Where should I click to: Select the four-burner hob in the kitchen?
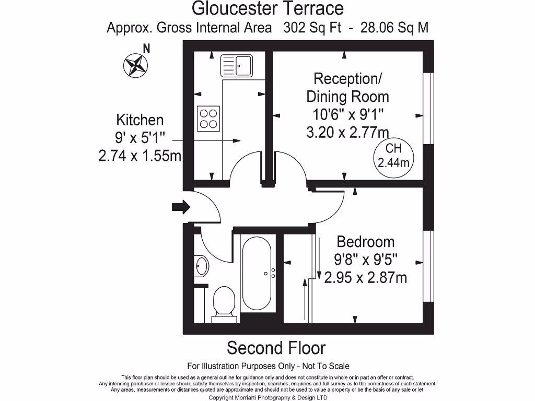click(x=208, y=118)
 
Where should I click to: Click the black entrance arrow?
click(x=181, y=207)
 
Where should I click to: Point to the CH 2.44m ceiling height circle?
click(x=393, y=156)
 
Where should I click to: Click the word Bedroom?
click(x=365, y=242)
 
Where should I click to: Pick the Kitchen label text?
click(x=139, y=120)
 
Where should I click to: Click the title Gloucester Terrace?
click(x=268, y=9)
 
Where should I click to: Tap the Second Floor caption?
click(x=276, y=348)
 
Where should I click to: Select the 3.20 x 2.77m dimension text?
click(x=347, y=132)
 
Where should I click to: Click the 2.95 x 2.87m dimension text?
click(x=365, y=277)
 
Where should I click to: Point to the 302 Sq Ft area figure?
click(x=312, y=28)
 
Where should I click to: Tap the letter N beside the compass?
click(x=147, y=50)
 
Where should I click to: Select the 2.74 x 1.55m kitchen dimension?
click(x=139, y=156)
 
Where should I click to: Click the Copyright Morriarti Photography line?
click(x=267, y=397)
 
